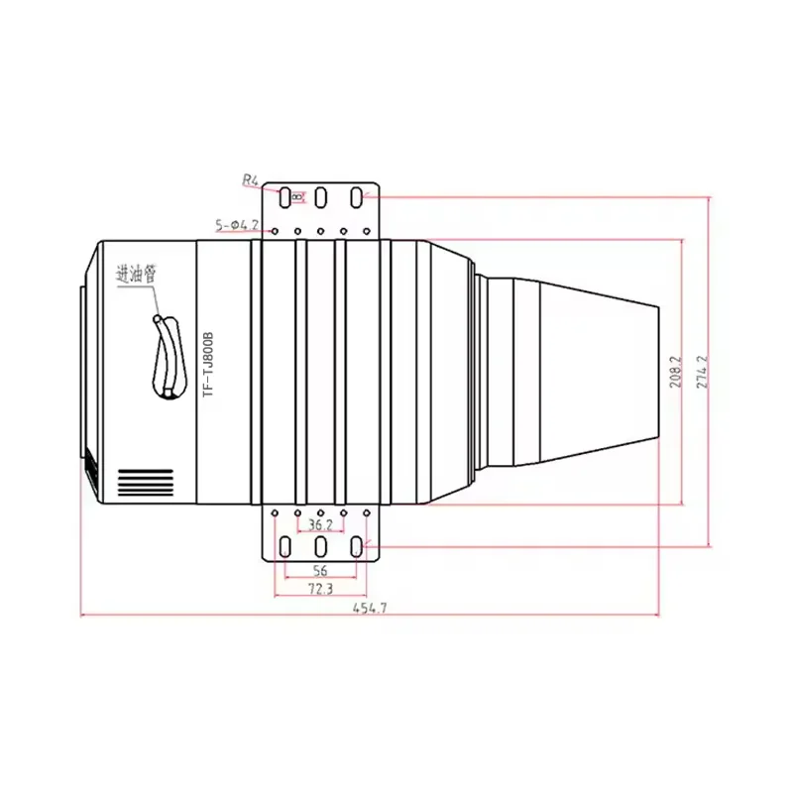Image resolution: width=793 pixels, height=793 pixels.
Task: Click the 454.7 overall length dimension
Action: tap(369, 608)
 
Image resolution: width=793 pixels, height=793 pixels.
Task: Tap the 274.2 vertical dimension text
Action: tap(703, 372)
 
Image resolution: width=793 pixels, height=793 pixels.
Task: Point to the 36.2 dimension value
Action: tap(320, 524)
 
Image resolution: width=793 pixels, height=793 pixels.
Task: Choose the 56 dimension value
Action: tap(319, 570)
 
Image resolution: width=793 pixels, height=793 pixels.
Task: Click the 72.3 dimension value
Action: tap(319, 589)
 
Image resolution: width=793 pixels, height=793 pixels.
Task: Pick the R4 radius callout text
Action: tap(250, 180)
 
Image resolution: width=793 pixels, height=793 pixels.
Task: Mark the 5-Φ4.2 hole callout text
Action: tap(236, 225)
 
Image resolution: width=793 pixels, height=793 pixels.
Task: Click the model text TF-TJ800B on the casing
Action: tap(208, 364)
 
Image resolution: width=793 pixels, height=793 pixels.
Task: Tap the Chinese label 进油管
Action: tap(137, 274)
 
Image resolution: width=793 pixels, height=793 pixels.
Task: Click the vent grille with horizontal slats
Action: tap(146, 483)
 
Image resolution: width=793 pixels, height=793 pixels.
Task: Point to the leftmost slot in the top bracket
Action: tap(284, 197)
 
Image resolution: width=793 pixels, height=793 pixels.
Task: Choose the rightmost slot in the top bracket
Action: tap(356, 197)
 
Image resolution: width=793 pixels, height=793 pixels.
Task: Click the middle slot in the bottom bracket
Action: tap(320, 546)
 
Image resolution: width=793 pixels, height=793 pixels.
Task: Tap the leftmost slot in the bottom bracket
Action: tap(284, 546)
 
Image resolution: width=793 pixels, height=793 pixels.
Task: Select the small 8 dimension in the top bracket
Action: tap(296, 197)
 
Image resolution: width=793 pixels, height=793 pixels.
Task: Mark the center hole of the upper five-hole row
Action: tap(320, 233)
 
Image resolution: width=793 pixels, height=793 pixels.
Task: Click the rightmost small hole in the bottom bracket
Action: tap(367, 512)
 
